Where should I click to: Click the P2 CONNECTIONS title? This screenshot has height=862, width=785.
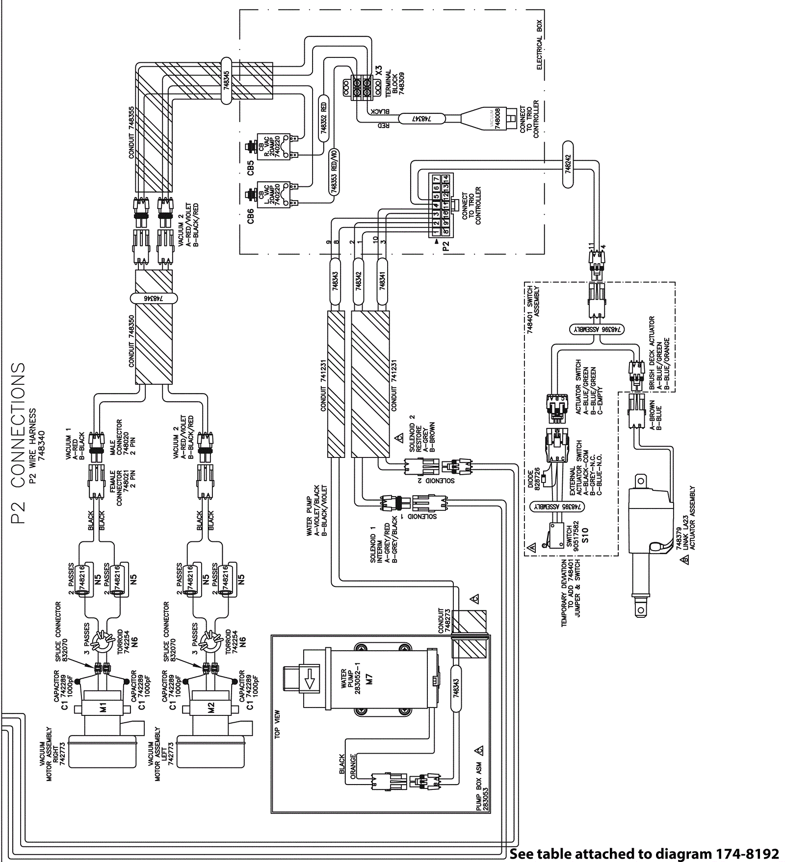[x=18, y=443]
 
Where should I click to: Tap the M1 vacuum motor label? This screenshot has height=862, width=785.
[x=103, y=708]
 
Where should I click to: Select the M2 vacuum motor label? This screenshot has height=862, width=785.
[x=211, y=708]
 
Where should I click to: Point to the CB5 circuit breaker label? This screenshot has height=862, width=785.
[x=251, y=167]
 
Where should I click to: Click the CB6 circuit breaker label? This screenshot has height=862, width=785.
[x=251, y=216]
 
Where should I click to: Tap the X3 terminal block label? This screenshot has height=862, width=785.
[x=378, y=71]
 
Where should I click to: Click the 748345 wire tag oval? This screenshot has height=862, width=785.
[x=226, y=80]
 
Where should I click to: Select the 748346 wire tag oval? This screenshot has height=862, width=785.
[x=154, y=298]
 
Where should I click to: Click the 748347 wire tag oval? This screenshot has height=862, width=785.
[x=421, y=119]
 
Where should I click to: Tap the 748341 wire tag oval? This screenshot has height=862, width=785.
[x=382, y=281]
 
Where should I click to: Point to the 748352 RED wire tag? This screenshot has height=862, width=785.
[x=323, y=118]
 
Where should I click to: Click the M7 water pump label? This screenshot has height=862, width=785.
[x=369, y=679]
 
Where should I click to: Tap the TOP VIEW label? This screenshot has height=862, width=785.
[x=277, y=724]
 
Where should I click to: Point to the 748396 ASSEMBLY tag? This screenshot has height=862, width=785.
[x=597, y=330]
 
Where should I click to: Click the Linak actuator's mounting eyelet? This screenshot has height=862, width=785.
[x=640, y=610]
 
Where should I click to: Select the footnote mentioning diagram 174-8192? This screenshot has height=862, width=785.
[x=644, y=854]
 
